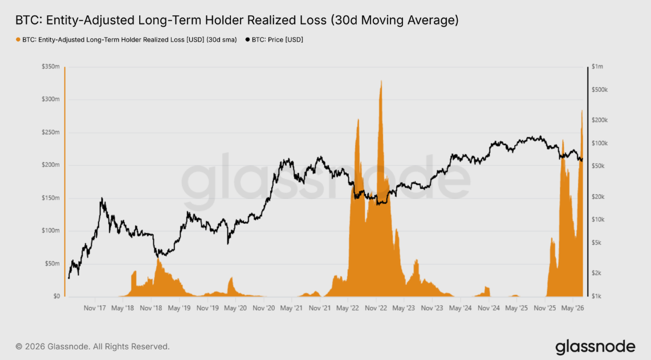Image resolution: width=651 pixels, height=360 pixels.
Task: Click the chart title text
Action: click(237, 20)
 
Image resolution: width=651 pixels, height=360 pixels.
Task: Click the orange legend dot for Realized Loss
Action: click(18, 40)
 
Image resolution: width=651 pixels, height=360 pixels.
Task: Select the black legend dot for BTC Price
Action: click(247, 40)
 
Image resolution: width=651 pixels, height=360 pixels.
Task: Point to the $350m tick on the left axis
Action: click(51, 67)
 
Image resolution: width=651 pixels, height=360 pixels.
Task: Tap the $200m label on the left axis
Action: click(51, 165)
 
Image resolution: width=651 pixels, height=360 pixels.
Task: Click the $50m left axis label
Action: click(52, 263)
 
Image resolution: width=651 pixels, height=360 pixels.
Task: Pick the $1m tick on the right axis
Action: click(597, 66)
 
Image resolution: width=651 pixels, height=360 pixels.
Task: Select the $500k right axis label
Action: click(600, 89)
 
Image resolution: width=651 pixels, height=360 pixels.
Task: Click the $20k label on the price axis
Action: click(599, 197)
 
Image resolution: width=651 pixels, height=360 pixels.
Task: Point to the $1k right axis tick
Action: click(597, 296)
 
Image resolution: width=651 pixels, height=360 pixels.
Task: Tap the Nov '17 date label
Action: click(95, 308)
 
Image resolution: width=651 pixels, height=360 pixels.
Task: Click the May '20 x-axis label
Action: click(235, 308)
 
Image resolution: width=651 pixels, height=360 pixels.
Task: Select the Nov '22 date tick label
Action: click(376, 308)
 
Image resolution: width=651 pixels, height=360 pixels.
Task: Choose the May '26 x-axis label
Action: click(572, 308)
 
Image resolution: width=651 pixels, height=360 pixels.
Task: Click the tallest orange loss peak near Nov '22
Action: click(381, 81)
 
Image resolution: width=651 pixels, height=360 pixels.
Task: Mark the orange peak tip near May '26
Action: click(582, 111)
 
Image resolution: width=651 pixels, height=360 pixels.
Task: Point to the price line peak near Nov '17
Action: click(101, 198)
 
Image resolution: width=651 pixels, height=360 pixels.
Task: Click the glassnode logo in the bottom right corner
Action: click(595, 347)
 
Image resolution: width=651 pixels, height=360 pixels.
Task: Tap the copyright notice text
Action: click(92, 346)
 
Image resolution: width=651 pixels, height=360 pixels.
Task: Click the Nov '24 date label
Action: click(488, 308)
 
